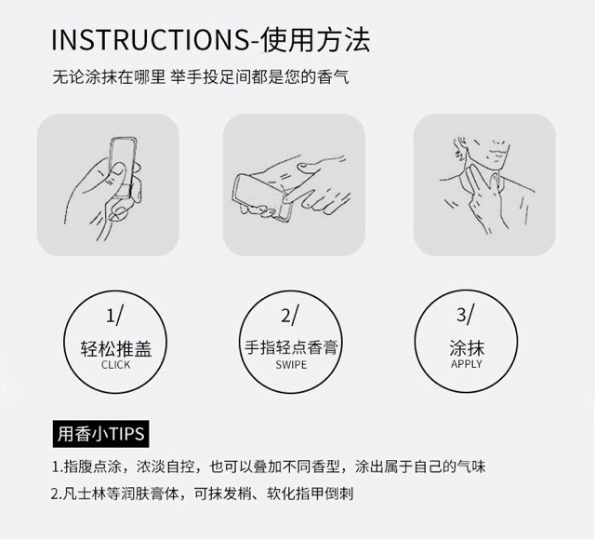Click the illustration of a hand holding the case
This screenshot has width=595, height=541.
(108, 184)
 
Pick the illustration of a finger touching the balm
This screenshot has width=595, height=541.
(294, 184)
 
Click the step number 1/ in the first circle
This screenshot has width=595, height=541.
(113, 315)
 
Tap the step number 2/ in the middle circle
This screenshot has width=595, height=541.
(290, 315)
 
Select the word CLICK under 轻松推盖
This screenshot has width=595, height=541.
(116, 365)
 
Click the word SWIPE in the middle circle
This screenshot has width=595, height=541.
(291, 365)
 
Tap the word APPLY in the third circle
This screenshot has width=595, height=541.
(467, 364)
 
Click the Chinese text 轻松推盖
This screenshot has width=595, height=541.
(116, 349)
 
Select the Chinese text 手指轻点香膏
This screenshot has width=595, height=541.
(291, 348)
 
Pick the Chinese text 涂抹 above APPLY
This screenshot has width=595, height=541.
(467, 348)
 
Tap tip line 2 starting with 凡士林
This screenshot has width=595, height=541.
(202, 494)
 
